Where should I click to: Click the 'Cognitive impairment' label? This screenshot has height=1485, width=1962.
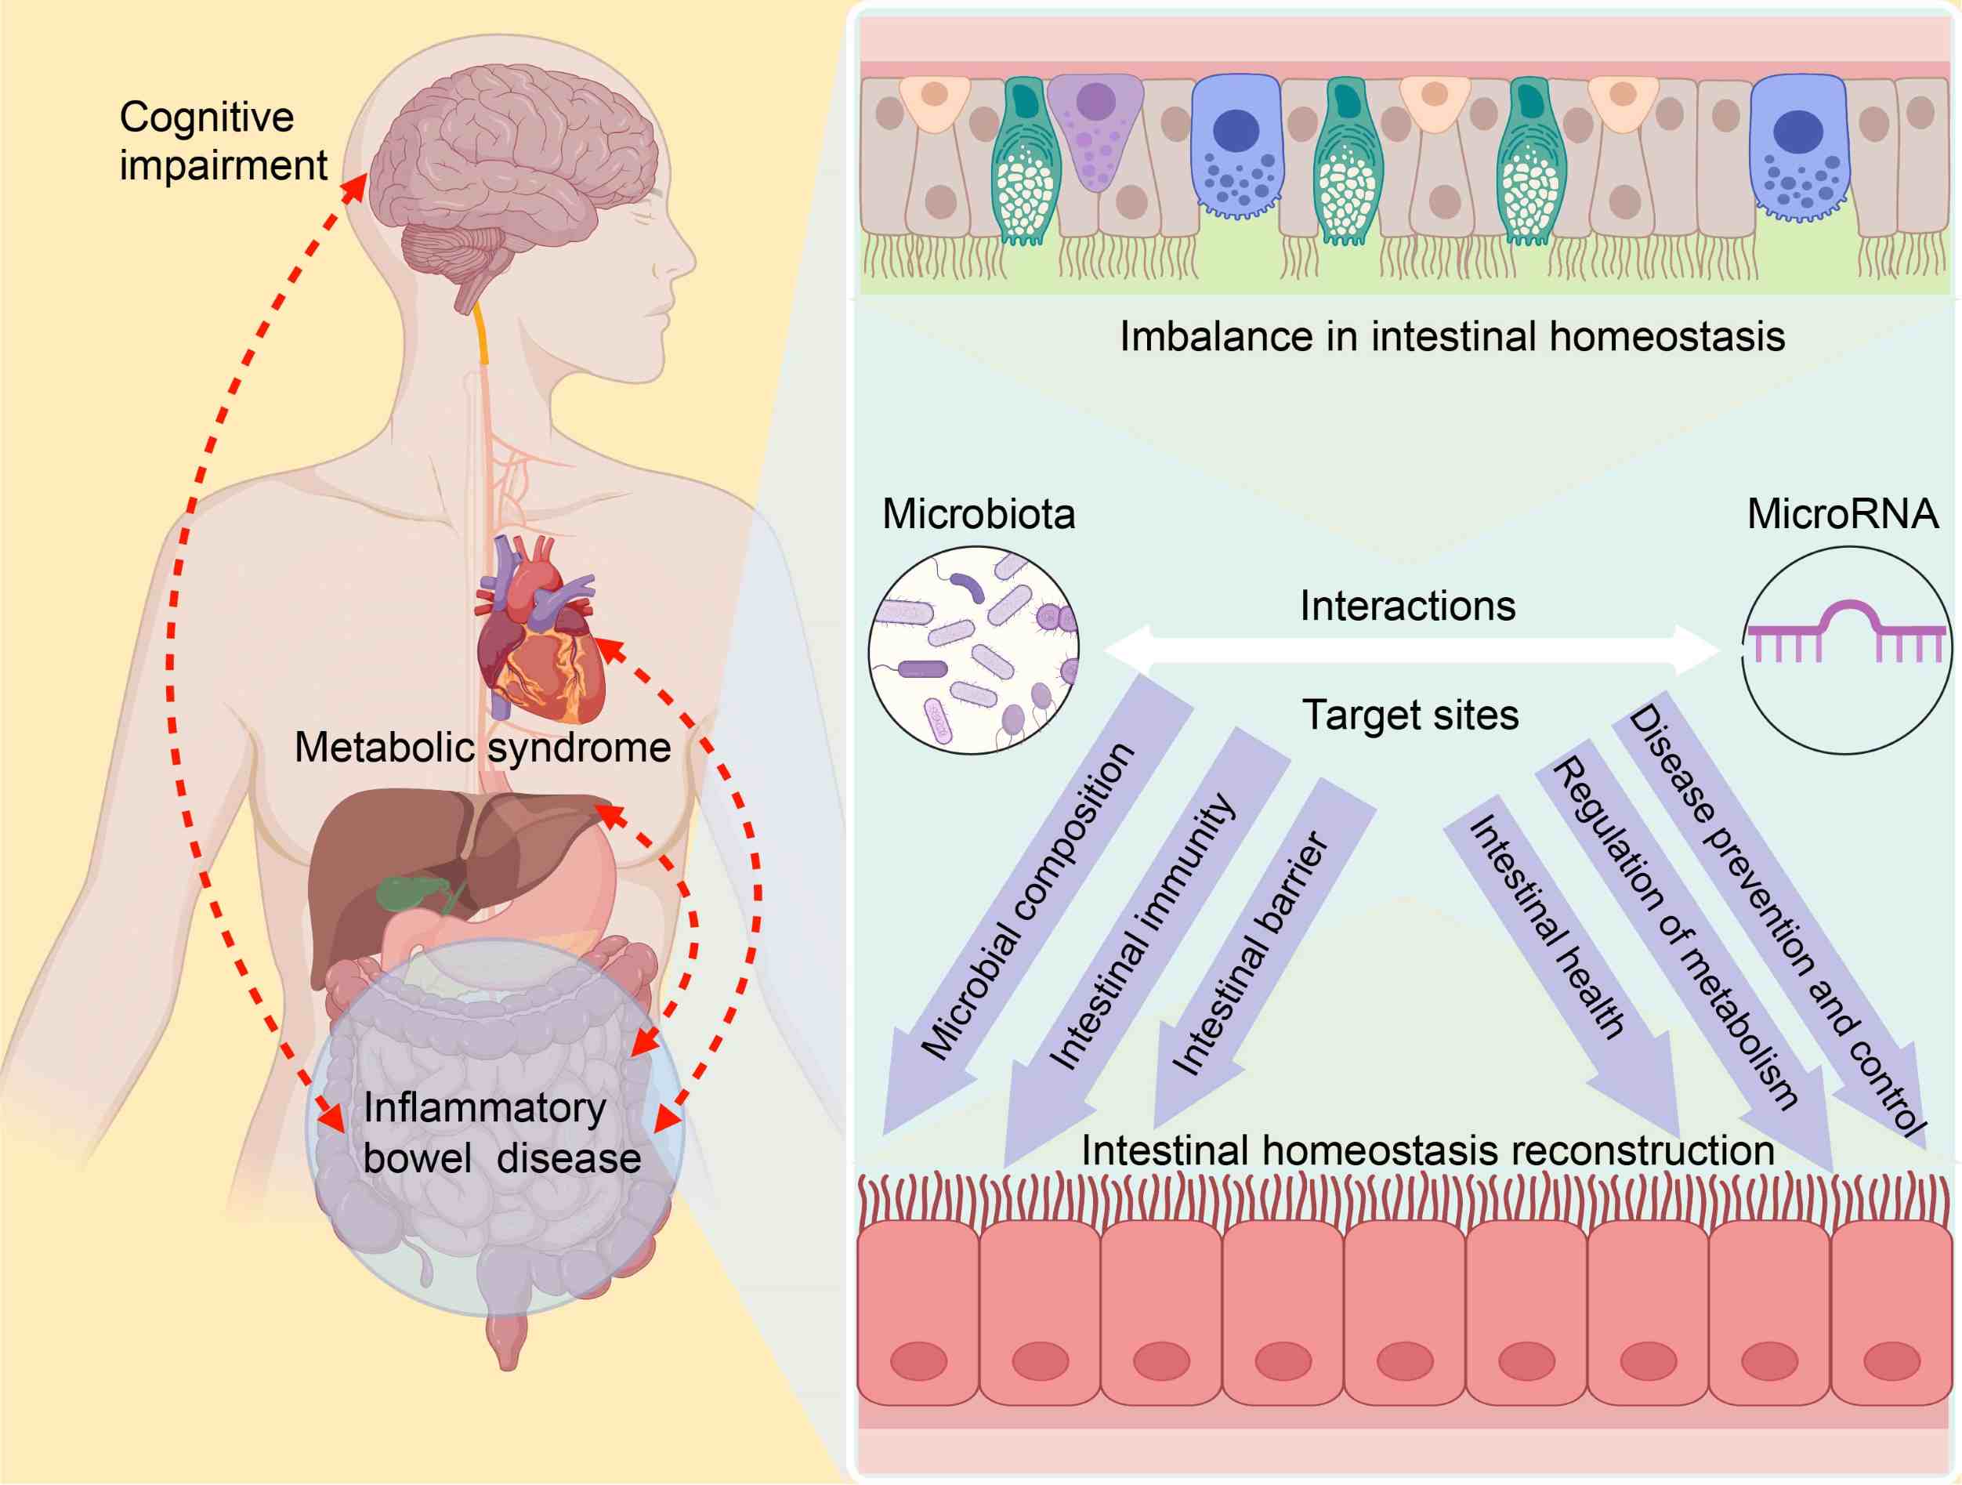[223, 141]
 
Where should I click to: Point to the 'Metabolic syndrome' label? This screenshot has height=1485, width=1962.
[483, 747]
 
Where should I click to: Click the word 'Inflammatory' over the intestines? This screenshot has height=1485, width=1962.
[484, 1109]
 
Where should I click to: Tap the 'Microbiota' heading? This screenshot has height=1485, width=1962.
[979, 513]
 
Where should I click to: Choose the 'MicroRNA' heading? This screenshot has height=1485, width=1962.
[1842, 513]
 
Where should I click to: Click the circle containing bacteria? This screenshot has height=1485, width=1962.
[974, 650]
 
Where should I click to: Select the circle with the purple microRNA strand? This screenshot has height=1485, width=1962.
[1847, 650]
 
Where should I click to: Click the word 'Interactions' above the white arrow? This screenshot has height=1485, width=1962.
[1407, 606]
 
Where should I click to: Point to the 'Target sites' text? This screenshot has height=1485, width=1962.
[1410, 715]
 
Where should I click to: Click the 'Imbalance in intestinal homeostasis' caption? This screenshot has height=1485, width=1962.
[1452, 336]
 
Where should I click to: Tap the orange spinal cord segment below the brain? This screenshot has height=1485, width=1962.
[481, 333]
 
